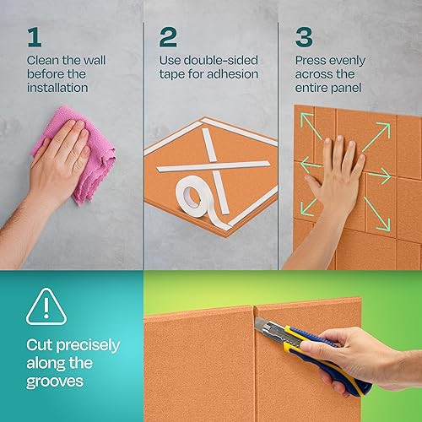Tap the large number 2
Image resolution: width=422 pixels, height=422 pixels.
coord(169,37)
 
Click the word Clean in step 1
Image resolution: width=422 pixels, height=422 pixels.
coord(43,62)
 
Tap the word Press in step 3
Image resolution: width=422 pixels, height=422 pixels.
coord(311,62)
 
